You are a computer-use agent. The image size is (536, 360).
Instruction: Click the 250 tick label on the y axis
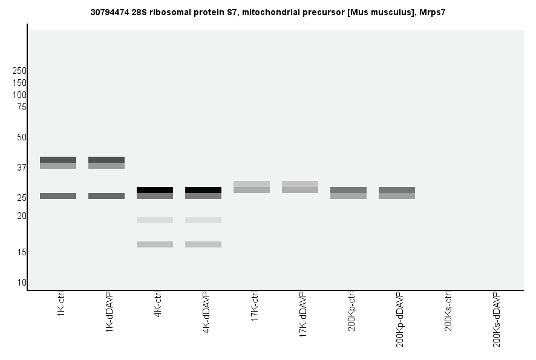[x=19, y=71]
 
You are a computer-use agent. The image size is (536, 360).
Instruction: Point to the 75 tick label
[x=22, y=107]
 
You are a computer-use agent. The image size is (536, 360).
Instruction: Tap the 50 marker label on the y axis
[x=22, y=137]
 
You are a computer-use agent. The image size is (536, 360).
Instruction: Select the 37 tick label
[x=22, y=168]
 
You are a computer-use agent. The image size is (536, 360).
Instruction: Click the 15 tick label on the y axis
[x=22, y=252]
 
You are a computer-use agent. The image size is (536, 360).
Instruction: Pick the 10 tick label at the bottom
[x=22, y=283]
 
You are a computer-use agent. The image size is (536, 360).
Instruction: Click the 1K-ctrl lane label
[x=61, y=306]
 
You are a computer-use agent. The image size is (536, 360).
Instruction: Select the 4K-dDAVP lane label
[x=206, y=313]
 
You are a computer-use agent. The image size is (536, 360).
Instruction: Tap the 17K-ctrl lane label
[x=255, y=308]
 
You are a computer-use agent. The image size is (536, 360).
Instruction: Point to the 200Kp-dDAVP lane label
[x=400, y=319]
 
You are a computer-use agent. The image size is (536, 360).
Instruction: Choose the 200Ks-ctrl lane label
[x=448, y=312]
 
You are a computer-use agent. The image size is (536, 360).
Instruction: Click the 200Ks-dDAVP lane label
[x=497, y=319]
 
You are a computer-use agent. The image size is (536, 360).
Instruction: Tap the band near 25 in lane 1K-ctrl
[x=58, y=196]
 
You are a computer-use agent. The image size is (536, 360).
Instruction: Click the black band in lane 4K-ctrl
[x=155, y=190]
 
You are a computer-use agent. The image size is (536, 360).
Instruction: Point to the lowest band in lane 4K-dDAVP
[x=203, y=244]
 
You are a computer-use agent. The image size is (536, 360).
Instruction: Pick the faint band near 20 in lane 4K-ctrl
[x=155, y=220]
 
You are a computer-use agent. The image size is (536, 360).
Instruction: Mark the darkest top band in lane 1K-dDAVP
[x=106, y=160]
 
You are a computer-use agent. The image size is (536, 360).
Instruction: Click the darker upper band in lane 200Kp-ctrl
[x=348, y=190]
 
